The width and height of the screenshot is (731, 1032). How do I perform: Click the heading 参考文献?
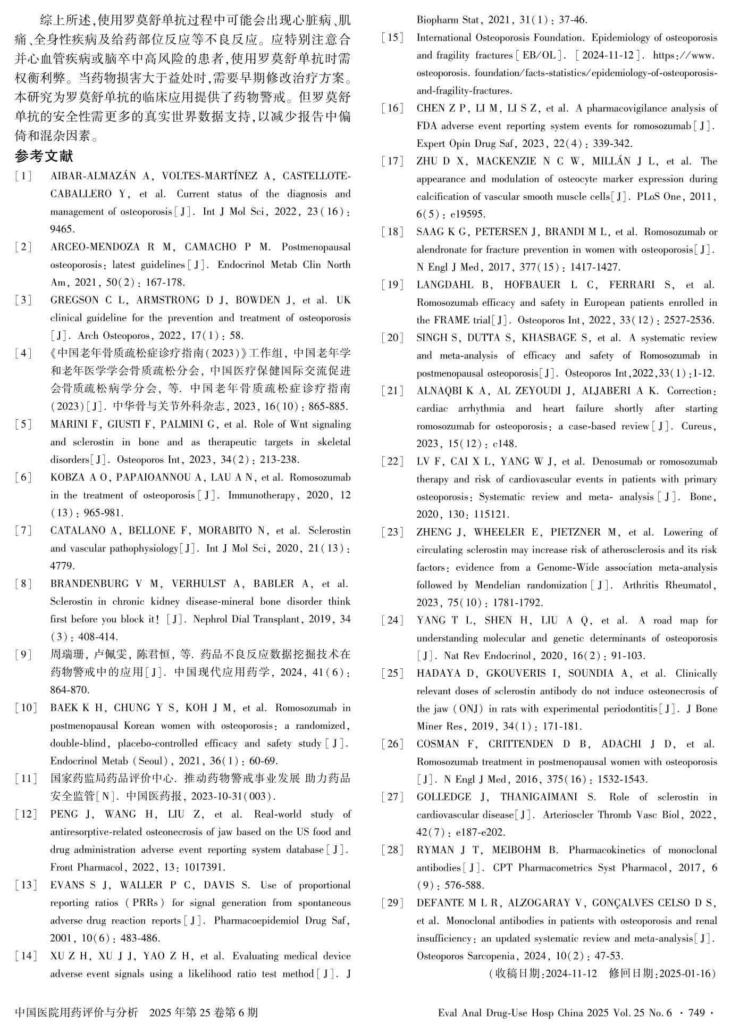pos(44,156)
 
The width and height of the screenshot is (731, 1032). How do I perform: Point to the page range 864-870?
pos(70,690)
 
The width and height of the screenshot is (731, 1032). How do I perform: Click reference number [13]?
pos(26,885)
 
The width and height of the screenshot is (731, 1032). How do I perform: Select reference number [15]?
pos(392,38)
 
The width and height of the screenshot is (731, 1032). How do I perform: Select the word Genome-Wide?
pos(568,568)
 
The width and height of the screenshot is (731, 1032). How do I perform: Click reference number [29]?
pos(392,903)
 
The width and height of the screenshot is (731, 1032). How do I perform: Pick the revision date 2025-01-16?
pos(685,973)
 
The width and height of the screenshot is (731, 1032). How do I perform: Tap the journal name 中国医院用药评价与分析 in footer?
pos(77,1012)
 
